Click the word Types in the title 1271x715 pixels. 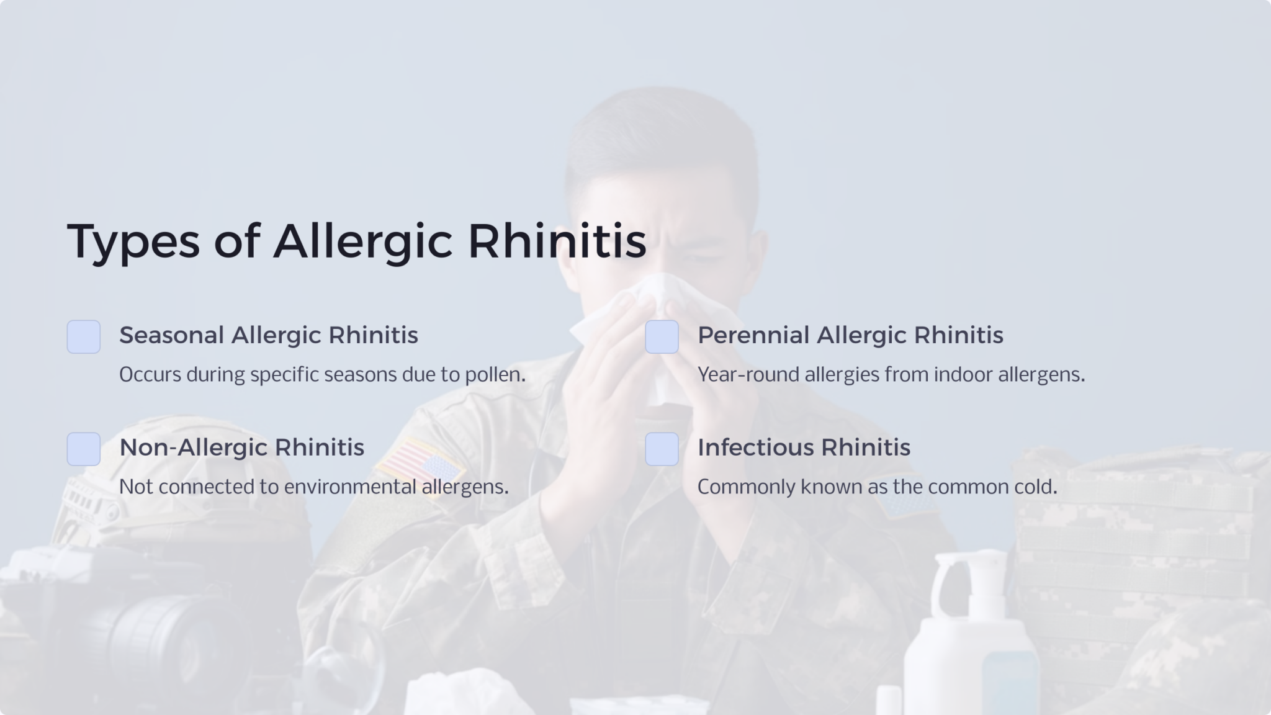point(133,241)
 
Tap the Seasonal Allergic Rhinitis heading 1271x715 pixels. point(268,335)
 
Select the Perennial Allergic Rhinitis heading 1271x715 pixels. point(850,335)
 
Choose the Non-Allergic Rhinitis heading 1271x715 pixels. point(241,447)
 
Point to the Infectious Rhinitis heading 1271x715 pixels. point(804,447)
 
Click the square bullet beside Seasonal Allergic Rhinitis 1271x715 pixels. point(84,337)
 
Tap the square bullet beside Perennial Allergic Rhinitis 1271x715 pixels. point(662,337)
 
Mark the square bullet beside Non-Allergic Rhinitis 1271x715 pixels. point(84,449)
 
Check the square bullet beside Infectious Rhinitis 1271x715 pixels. point(662,449)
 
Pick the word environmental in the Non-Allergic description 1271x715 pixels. point(350,487)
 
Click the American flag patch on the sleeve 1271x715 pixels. point(420,462)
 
